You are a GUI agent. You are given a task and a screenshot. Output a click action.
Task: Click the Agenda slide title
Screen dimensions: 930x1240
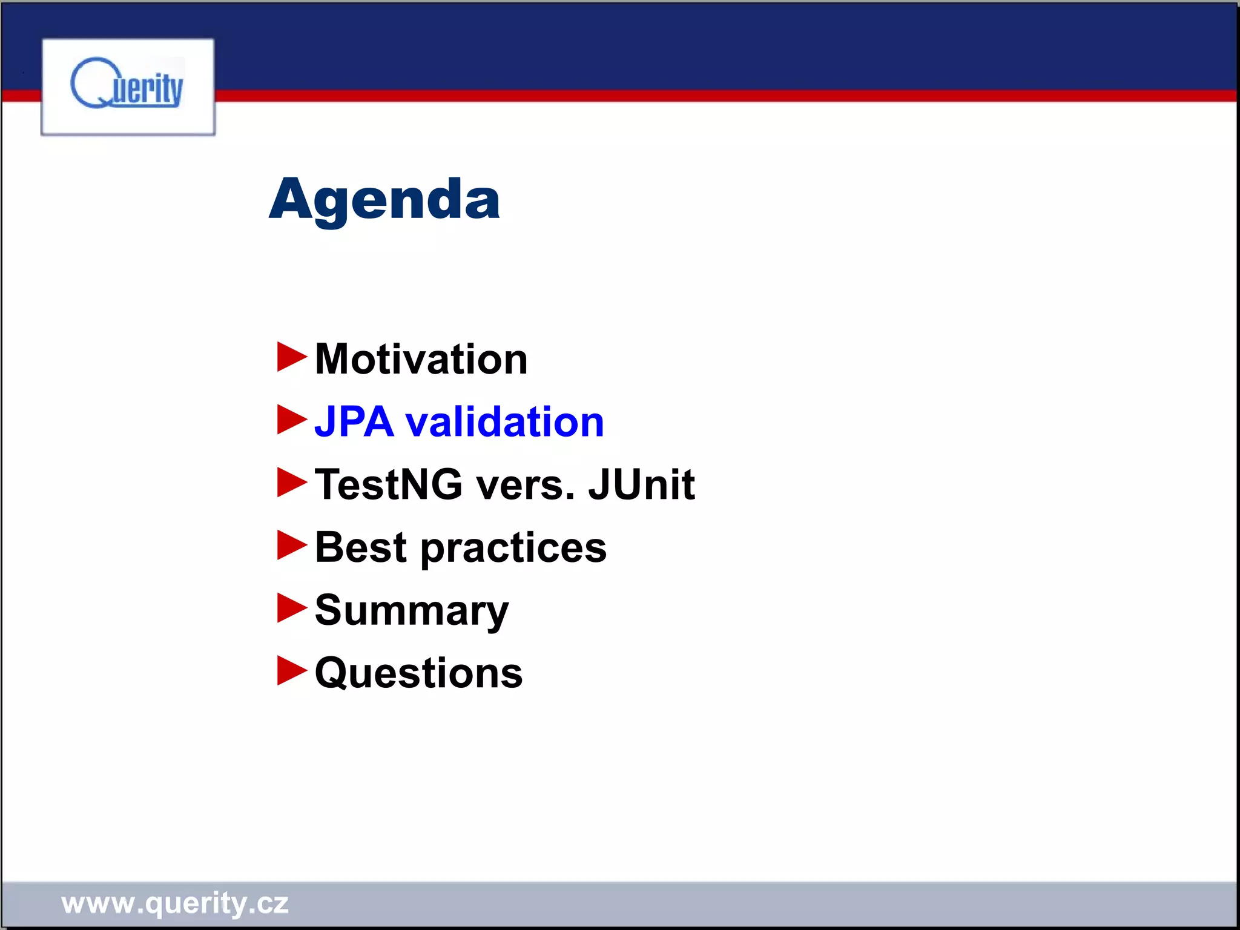384,200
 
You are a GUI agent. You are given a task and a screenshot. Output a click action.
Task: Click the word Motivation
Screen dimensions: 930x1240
421,359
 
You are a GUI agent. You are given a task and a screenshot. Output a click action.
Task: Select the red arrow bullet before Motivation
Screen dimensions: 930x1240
291,357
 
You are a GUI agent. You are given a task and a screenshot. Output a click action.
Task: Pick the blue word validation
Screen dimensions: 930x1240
504,421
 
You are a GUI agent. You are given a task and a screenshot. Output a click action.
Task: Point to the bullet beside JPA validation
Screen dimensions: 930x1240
291,420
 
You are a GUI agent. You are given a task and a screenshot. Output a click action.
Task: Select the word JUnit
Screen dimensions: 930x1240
641,484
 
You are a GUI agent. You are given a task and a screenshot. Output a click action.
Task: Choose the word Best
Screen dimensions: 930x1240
361,547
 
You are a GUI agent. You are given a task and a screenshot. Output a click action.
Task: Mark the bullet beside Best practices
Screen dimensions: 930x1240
291,545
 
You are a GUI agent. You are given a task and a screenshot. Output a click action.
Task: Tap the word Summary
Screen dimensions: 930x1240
412,612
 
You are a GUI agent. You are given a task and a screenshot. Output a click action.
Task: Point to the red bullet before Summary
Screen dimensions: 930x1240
291,608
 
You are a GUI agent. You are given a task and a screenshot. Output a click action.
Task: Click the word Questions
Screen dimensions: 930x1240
418,673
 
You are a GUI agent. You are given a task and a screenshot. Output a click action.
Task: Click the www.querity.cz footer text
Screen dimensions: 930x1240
175,903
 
